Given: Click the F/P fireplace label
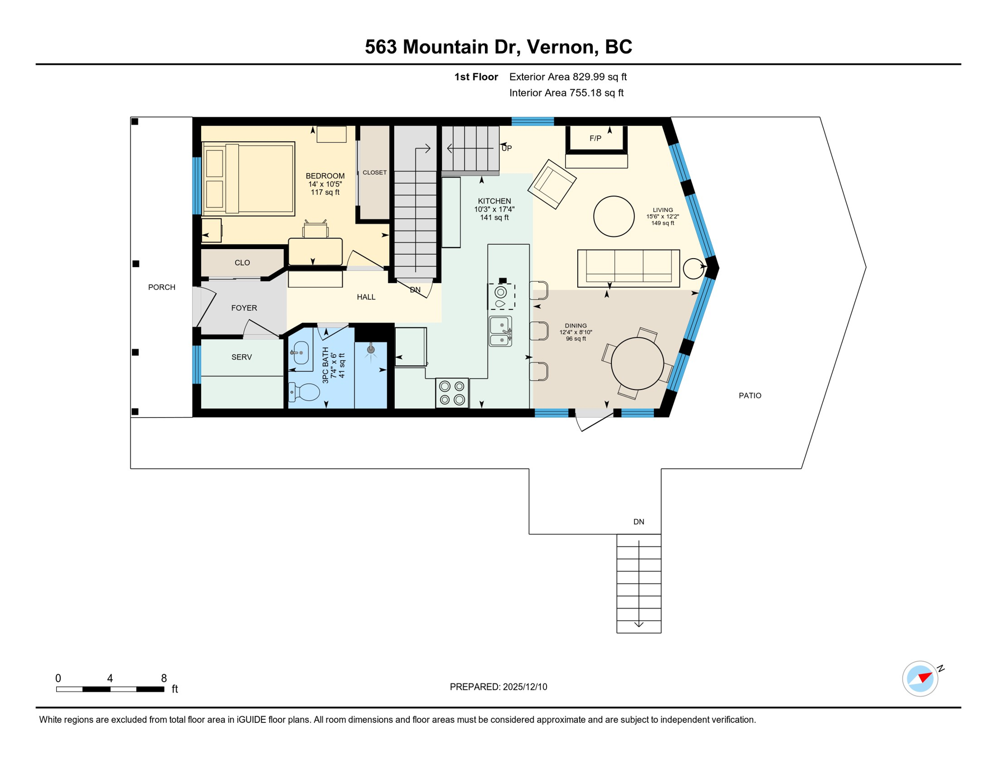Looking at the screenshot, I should pyautogui.click(x=595, y=138).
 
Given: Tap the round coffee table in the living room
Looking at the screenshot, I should pyautogui.click(x=613, y=216).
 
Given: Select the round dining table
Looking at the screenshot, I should pyautogui.click(x=637, y=363).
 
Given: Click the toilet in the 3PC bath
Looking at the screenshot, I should pyautogui.click(x=305, y=392).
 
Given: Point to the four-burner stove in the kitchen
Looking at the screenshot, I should pyautogui.click(x=452, y=393).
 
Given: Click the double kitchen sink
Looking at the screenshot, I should pyautogui.click(x=501, y=332).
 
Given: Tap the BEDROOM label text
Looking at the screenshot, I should pyautogui.click(x=325, y=176).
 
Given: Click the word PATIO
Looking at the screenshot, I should pyautogui.click(x=750, y=396).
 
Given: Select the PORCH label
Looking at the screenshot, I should pyautogui.click(x=161, y=287).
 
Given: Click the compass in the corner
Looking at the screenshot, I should pyautogui.click(x=920, y=679).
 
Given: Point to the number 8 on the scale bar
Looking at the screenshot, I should pyautogui.click(x=163, y=678).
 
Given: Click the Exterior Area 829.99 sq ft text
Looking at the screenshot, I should pyautogui.click(x=568, y=77).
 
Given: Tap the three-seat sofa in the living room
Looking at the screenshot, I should pyautogui.click(x=628, y=268).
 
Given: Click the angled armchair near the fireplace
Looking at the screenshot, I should pyautogui.click(x=552, y=184).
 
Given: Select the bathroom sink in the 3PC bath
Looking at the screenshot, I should pyautogui.click(x=300, y=353).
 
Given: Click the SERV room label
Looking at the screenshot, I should pyautogui.click(x=241, y=357).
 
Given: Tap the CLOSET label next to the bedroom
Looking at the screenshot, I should pyautogui.click(x=374, y=172).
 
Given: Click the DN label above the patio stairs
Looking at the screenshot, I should pyautogui.click(x=638, y=522).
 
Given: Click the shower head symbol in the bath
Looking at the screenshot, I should pyautogui.click(x=371, y=349).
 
